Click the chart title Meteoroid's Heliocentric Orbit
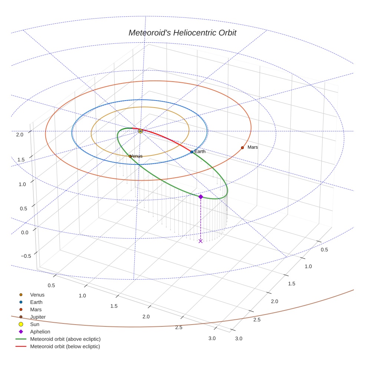click(x=182, y=33)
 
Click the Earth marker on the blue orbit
click(x=191, y=152)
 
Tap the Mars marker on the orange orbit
click(x=242, y=148)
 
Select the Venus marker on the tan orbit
click(x=130, y=156)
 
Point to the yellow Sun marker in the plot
click(x=140, y=131)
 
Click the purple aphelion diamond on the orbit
click(x=201, y=197)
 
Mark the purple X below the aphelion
click(x=201, y=241)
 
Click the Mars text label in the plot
click(x=253, y=147)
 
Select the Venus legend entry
click(x=37, y=295)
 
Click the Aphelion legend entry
click(x=40, y=332)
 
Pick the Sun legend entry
click(x=34, y=324)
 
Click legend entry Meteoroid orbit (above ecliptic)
click(x=65, y=339)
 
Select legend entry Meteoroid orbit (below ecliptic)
click(x=65, y=346)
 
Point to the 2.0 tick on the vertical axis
click(x=20, y=135)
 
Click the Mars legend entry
click(x=36, y=309)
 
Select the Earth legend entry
click(x=36, y=302)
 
